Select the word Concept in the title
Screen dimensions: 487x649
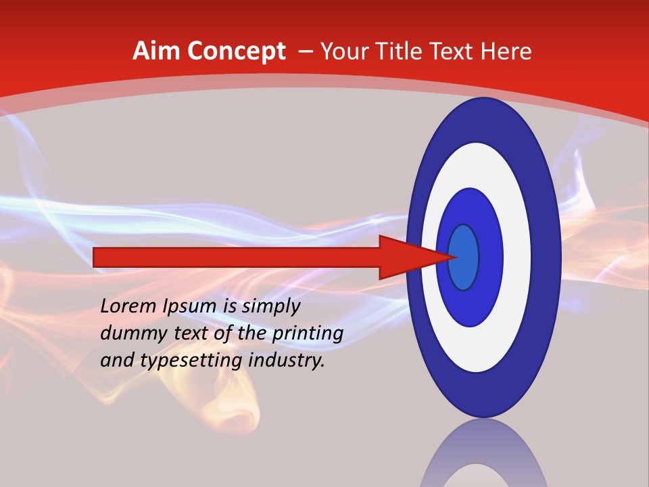[x=236, y=51]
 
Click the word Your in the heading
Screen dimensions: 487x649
[x=341, y=51]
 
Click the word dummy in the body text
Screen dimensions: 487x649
[x=129, y=333]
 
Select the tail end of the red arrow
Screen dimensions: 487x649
[x=95, y=257]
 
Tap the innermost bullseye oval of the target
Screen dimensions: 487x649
[x=464, y=257]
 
